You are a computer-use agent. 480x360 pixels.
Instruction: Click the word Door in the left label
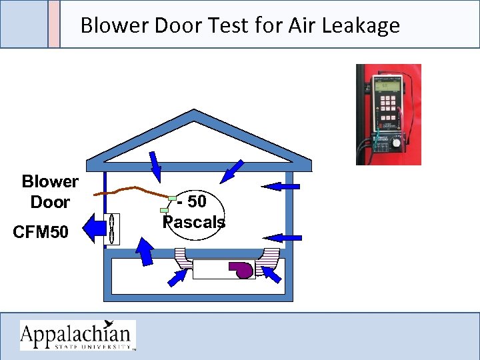click(x=50, y=202)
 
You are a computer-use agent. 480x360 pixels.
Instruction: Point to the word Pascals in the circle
click(x=195, y=222)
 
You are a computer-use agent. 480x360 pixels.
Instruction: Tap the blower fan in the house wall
click(x=113, y=229)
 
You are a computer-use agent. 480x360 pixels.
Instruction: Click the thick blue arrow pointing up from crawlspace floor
click(x=145, y=253)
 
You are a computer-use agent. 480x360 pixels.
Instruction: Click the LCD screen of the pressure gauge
click(x=388, y=85)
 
